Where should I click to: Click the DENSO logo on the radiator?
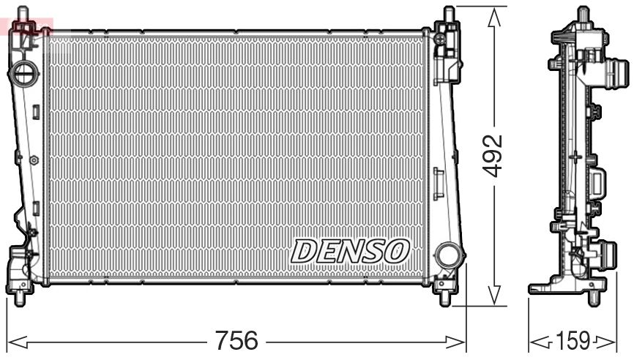(x=349, y=251)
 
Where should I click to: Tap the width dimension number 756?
(x=236, y=340)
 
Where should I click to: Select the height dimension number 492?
(x=496, y=154)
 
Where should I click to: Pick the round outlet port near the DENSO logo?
(x=446, y=256)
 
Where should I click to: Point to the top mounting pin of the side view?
(x=583, y=13)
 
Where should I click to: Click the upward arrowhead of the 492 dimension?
(x=496, y=13)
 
